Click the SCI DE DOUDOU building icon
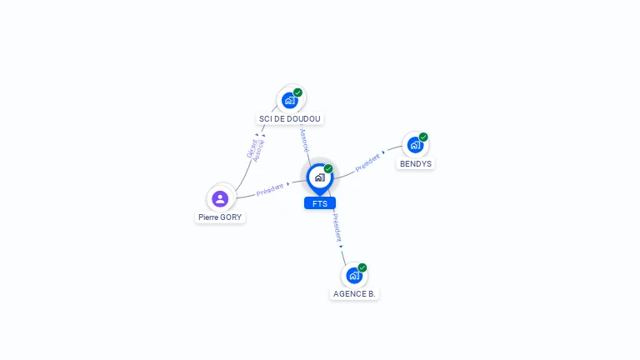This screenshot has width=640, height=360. click(290, 100)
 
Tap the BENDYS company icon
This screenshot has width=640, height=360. click(414, 145)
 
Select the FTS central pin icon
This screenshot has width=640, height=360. click(319, 177)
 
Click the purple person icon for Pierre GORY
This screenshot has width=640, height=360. click(220, 198)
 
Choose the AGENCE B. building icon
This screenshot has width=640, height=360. click(354, 275)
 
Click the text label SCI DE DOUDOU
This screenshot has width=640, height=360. click(290, 119)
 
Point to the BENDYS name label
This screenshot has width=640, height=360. click(416, 164)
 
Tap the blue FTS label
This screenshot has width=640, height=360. click(320, 203)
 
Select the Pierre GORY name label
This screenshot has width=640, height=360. click(220, 217)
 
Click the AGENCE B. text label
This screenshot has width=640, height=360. click(354, 294)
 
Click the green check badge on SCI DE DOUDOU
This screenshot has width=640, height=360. click(298, 92)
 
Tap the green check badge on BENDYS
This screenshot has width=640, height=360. click(423, 137)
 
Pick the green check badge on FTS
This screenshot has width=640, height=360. click(328, 169)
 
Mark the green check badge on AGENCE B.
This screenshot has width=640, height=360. click(362, 267)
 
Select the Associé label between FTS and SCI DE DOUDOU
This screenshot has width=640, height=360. click(304, 139)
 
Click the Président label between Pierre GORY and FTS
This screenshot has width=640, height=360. click(270, 189)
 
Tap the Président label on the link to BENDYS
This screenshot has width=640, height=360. click(367, 162)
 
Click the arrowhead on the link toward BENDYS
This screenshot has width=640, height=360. click(383, 153)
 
